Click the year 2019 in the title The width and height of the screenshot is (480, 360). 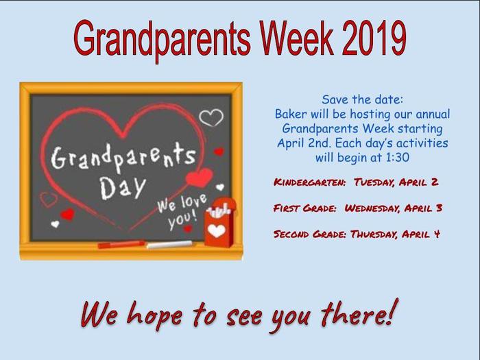pyautogui.click(x=374, y=38)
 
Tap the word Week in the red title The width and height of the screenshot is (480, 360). pyautogui.click(x=297, y=38)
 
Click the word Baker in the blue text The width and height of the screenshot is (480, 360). pyautogui.click(x=291, y=114)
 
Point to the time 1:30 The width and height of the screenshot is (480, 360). pyautogui.click(x=397, y=157)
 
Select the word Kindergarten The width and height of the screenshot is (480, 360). pyautogui.click(x=309, y=182)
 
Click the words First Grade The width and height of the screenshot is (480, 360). pyautogui.click(x=305, y=208)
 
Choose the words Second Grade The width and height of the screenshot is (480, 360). pyautogui.click(x=310, y=235)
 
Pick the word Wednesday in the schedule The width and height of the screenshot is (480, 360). pyautogui.click(x=372, y=208)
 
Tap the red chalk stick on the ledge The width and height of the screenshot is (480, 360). pyautogui.click(x=121, y=244)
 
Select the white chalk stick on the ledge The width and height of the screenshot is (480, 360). pyautogui.click(x=169, y=244)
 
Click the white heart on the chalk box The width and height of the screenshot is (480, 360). pyautogui.click(x=217, y=231)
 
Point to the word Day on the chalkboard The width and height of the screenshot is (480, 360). pyautogui.click(x=123, y=187)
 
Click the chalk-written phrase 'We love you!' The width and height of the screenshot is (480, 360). pyautogui.click(x=182, y=211)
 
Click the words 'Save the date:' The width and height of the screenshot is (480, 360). pyautogui.click(x=363, y=99)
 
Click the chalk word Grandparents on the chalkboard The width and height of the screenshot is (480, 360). pyautogui.click(x=123, y=157)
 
